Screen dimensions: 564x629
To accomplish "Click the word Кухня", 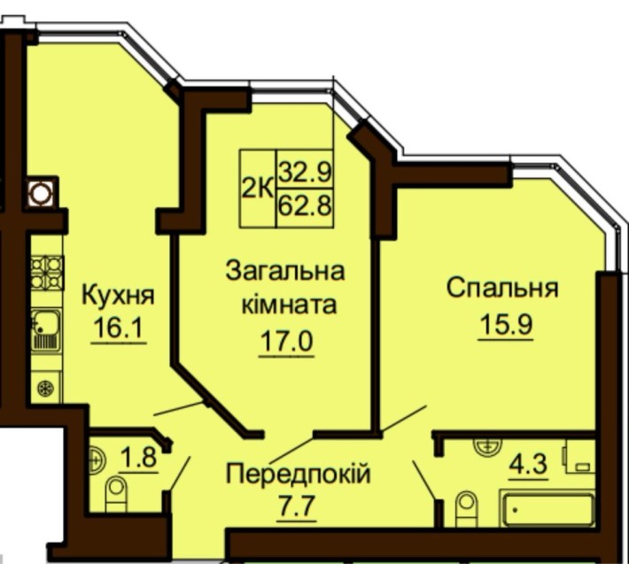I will [118, 295].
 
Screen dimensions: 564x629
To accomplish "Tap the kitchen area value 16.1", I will [118, 329].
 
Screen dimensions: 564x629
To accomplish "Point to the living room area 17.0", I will [286, 341].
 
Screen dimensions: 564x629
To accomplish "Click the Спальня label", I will [501, 289].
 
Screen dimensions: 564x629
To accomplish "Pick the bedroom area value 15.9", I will [501, 323].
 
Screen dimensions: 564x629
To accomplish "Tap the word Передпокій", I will [297, 474].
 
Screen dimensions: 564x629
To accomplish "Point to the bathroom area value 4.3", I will [528, 463].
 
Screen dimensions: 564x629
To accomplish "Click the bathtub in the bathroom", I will [547, 511].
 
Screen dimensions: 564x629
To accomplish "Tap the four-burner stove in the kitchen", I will [47, 272].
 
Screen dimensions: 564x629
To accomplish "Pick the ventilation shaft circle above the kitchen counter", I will [39, 192].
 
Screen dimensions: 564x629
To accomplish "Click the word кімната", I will [289, 305].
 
